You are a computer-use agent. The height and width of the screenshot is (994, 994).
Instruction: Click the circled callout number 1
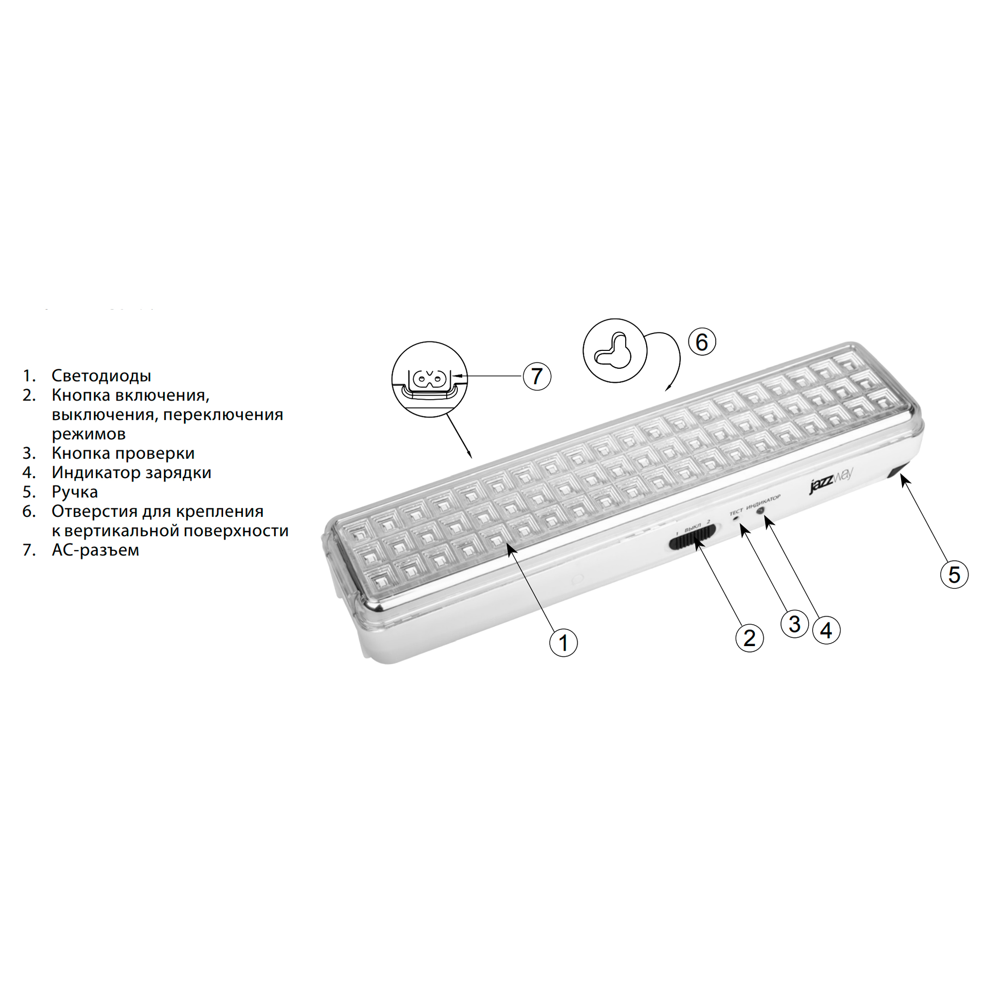[564, 643]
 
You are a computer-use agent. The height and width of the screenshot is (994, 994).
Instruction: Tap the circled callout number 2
[749, 638]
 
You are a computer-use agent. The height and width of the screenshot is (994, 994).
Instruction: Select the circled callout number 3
[794, 624]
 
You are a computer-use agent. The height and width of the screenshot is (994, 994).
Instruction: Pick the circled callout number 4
[827, 630]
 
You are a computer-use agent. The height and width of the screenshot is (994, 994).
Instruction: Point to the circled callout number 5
[954, 575]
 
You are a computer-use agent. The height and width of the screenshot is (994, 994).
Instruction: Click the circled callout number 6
[702, 341]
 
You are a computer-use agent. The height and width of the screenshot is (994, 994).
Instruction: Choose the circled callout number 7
[537, 376]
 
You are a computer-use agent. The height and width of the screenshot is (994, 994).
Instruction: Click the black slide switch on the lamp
[692, 542]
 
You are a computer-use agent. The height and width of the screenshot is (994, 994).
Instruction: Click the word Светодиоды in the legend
[101, 376]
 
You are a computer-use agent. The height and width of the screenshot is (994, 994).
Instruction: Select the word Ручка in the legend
[75, 492]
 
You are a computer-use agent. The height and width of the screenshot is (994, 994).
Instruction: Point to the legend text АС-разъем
[95, 550]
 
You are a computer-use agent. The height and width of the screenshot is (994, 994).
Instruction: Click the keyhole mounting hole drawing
[614, 351]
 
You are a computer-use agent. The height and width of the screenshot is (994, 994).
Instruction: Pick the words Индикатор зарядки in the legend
[131, 472]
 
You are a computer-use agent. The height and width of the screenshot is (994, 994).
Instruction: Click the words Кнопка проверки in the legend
[123, 453]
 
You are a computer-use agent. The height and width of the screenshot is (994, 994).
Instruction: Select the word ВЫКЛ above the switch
[692, 526]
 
